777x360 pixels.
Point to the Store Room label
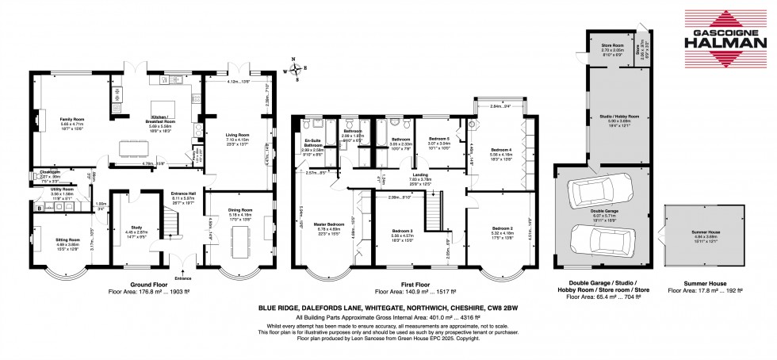pyautogui.click(x=611, y=46)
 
